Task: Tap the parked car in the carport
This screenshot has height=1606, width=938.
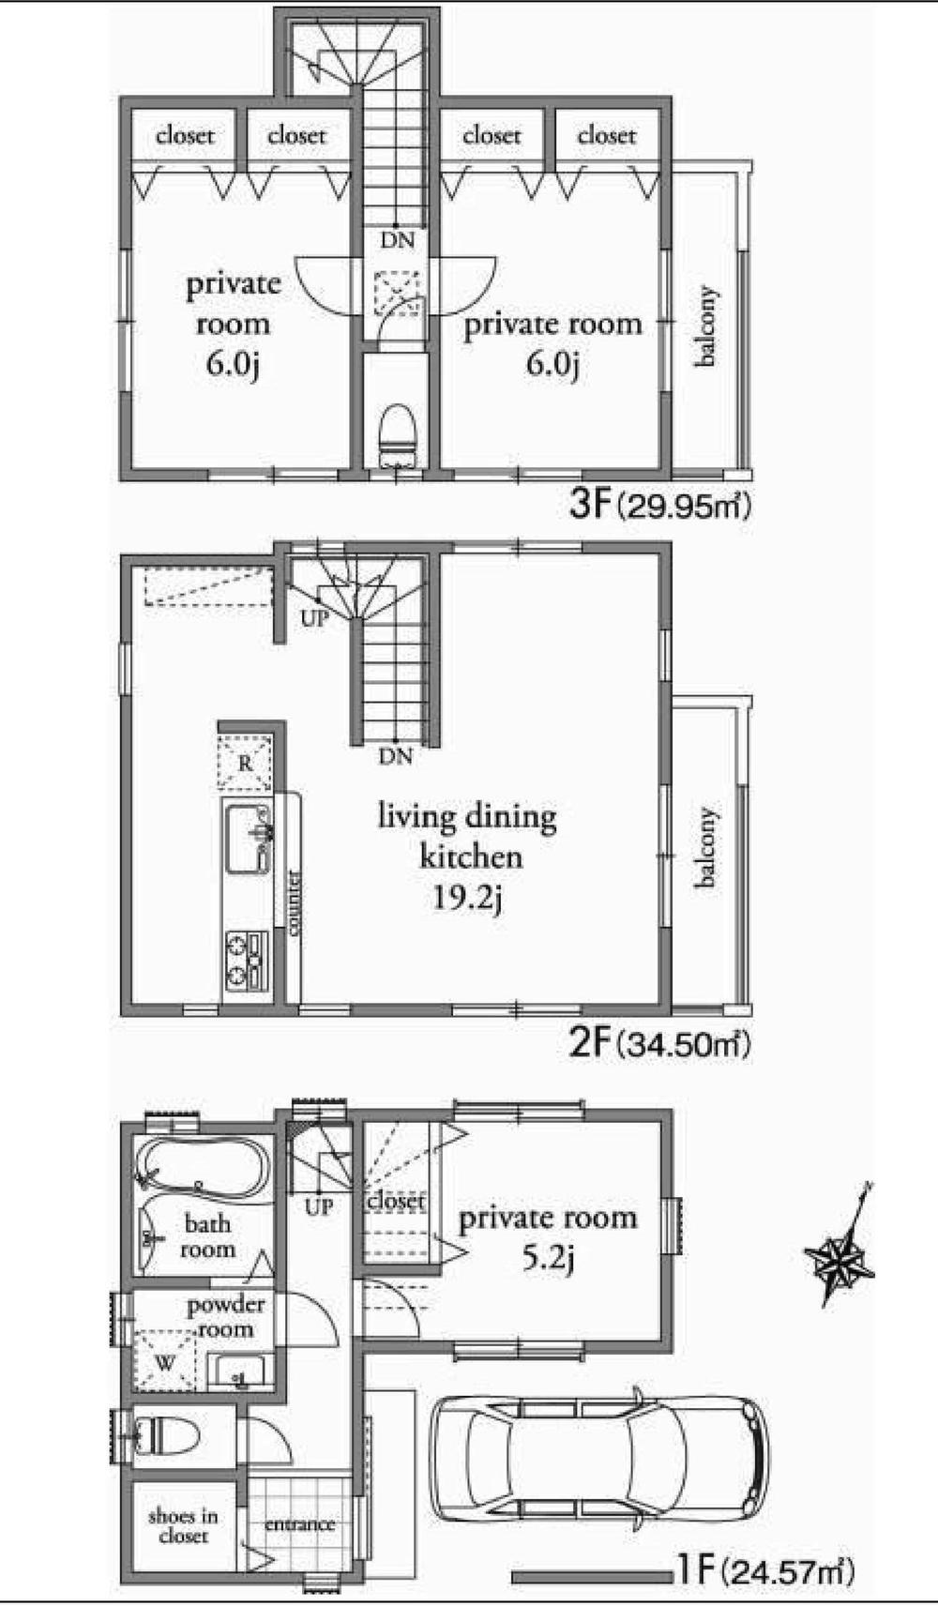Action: pos(598,1457)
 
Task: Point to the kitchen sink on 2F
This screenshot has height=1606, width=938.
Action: pos(247,838)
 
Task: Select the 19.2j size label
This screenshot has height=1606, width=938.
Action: pos(467,899)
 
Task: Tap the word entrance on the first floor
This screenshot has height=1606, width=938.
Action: pos(299,1523)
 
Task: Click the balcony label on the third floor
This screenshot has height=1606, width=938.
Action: pos(707,326)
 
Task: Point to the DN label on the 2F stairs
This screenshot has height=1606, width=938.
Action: pos(397,756)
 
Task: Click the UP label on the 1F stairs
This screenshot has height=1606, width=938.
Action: pos(319,1207)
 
